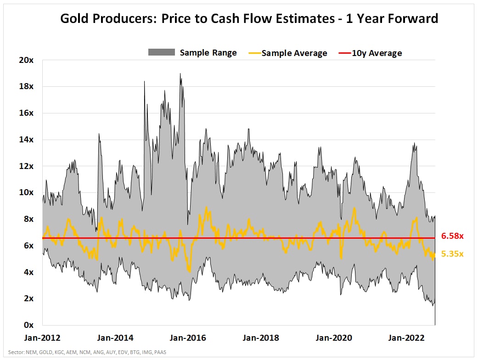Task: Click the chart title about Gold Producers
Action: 249,19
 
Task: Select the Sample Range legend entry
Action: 192,52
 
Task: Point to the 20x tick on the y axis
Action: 27,60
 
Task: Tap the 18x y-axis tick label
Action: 27,87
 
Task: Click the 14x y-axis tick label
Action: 27,140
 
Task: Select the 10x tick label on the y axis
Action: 27,192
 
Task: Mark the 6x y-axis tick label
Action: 28,246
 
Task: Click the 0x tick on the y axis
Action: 28,325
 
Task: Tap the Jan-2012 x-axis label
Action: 42,338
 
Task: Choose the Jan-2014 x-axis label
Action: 115,338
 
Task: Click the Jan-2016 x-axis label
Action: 188,338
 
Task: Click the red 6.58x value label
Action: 452,236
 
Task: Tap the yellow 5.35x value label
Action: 452,253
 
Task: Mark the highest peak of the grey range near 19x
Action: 180,73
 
